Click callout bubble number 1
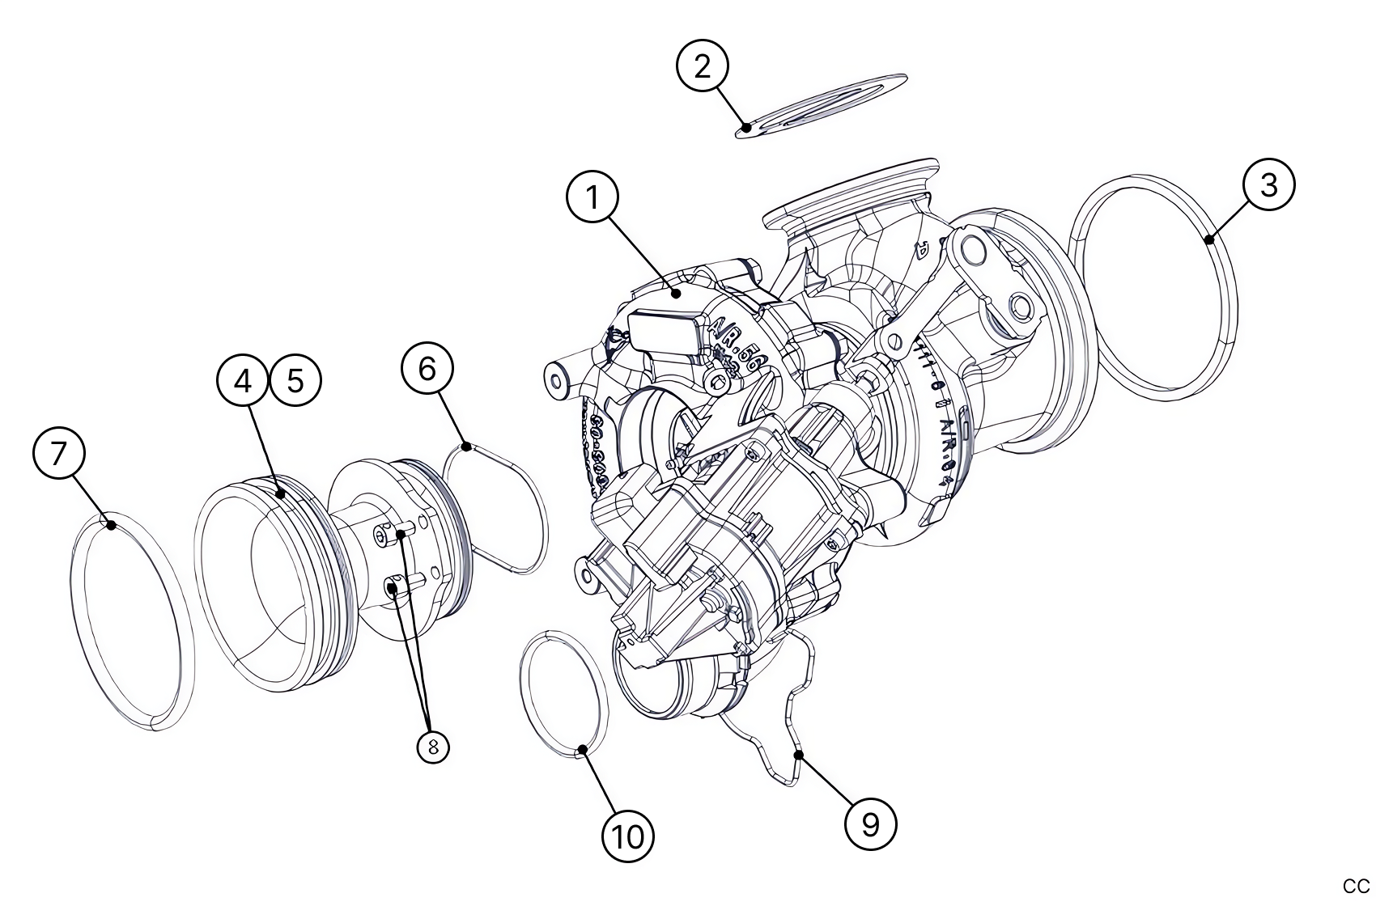(592, 197)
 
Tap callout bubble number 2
(702, 66)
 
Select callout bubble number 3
(1268, 184)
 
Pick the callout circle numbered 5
(295, 379)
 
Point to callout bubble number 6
(427, 369)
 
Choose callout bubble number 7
(58, 454)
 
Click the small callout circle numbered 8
(433, 747)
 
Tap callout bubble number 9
(870, 824)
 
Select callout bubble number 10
(628, 836)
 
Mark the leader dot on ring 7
(109, 524)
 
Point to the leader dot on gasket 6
(467, 446)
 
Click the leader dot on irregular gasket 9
(797, 755)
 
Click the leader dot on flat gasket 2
(746, 126)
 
